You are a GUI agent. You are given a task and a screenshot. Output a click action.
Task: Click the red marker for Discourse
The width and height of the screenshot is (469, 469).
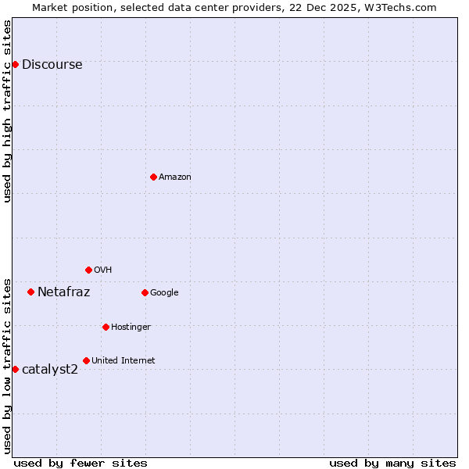coord(15,64)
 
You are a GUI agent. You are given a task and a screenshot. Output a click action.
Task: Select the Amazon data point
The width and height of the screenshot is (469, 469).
coord(153,177)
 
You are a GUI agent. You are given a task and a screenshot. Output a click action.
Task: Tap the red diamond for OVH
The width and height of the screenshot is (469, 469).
coord(88,270)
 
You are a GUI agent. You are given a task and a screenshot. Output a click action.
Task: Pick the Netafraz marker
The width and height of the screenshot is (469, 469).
coord(30,292)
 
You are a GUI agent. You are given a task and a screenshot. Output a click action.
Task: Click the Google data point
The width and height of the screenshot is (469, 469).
coord(145,292)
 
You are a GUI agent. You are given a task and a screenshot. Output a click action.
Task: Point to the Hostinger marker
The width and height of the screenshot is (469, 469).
coord(106,327)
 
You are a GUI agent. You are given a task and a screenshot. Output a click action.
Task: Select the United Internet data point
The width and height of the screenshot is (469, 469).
coord(86,360)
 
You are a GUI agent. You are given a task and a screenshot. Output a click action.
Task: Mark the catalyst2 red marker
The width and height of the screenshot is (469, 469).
coord(15,369)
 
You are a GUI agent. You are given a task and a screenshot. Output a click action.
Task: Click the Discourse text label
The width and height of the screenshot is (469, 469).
coord(52,65)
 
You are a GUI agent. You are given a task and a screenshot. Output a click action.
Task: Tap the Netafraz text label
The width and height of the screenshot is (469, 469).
coord(63,292)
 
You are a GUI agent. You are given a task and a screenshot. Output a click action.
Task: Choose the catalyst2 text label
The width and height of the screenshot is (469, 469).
coord(50,369)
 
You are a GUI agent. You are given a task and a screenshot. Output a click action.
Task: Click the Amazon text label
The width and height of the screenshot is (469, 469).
coord(175,177)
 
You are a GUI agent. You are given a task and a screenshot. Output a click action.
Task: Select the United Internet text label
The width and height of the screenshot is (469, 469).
coord(124,360)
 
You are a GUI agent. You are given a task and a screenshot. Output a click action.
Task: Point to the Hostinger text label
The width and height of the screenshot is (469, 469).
coord(131,327)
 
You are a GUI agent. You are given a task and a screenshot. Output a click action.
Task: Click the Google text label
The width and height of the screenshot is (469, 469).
coord(164,293)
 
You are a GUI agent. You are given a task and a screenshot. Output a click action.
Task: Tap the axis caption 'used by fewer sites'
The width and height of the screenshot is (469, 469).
coord(81,463)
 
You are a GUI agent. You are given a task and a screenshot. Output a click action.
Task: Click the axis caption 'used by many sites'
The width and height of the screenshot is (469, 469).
coord(392,463)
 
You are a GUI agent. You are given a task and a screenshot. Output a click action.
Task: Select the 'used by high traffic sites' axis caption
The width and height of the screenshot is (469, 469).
coord(7,111)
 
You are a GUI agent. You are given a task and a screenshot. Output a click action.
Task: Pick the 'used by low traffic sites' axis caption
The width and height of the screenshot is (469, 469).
coord(7,365)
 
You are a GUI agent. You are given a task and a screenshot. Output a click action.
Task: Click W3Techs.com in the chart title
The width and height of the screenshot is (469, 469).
coord(398,7)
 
